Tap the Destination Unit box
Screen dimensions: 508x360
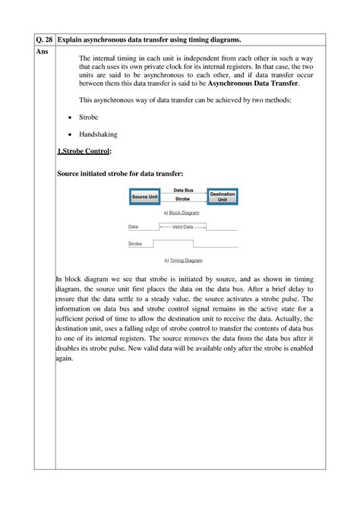223,197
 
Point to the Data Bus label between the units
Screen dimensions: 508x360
184,190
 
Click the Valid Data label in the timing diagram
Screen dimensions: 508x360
183,227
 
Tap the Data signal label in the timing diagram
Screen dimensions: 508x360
133,227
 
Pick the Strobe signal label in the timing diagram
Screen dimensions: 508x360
135,244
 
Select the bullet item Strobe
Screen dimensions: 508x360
99,118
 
